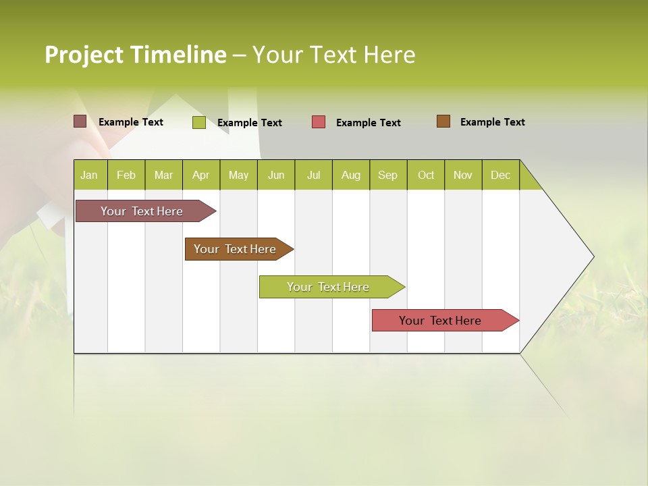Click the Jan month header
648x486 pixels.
(x=89, y=175)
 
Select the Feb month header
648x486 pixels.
(x=126, y=175)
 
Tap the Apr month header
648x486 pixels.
(x=200, y=175)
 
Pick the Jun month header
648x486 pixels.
(x=276, y=175)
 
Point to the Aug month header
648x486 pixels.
(x=350, y=175)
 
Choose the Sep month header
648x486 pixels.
(x=387, y=175)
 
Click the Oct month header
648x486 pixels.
(x=426, y=175)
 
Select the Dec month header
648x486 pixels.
(x=500, y=175)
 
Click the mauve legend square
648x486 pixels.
(x=80, y=122)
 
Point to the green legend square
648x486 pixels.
(x=199, y=122)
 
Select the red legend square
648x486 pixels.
(x=319, y=122)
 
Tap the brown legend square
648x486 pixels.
(x=443, y=122)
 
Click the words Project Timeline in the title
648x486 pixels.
(x=136, y=55)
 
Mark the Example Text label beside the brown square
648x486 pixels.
(x=492, y=122)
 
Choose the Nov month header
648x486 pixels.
(x=463, y=175)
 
